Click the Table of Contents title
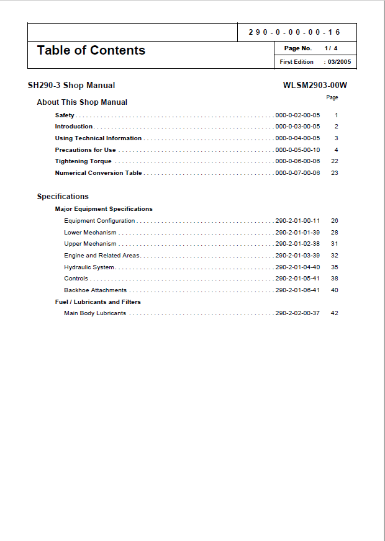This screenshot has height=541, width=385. (x=91, y=51)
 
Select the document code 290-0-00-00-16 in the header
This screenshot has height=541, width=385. (x=294, y=32)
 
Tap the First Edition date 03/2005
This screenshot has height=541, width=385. (x=339, y=62)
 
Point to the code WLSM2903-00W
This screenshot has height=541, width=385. (x=315, y=86)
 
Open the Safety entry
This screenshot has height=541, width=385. (x=65, y=115)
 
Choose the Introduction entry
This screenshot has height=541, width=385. (x=74, y=127)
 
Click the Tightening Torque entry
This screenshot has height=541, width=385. (x=83, y=161)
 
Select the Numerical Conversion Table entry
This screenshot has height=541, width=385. (x=98, y=173)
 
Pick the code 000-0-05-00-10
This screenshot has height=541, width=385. (x=297, y=150)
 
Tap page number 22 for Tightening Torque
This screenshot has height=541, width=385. (x=335, y=161)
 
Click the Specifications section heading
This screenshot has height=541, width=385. (x=63, y=197)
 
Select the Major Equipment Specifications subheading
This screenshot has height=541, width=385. (x=104, y=209)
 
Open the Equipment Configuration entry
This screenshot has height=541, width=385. (x=99, y=221)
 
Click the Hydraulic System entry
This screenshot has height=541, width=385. (x=89, y=267)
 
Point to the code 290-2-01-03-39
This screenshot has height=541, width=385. (x=297, y=256)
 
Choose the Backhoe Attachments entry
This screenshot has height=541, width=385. (x=95, y=290)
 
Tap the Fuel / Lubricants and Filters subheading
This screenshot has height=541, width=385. (x=98, y=302)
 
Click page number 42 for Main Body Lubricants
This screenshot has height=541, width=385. (x=335, y=313)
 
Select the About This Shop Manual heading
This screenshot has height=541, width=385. (x=82, y=102)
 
